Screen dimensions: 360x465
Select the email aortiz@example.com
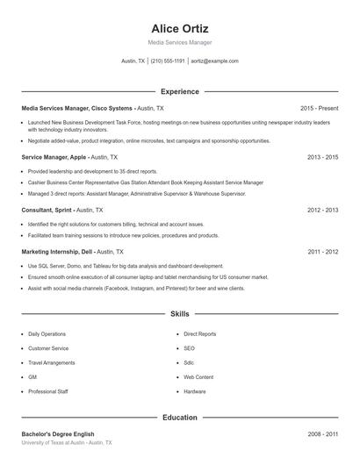(x=215, y=61)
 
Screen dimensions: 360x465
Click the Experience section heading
(x=180, y=91)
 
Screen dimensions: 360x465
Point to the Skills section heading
(x=180, y=313)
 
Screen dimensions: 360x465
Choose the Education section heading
(x=180, y=418)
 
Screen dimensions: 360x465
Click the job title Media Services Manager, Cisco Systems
(x=76, y=108)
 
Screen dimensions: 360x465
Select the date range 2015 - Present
(x=319, y=108)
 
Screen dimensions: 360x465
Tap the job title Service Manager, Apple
(x=54, y=157)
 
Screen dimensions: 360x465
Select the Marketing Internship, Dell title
(x=57, y=252)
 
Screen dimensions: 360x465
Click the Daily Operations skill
(x=47, y=334)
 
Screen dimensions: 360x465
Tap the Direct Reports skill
(x=200, y=334)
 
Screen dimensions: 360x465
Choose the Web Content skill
(x=198, y=377)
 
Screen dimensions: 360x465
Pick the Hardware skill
(x=195, y=391)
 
